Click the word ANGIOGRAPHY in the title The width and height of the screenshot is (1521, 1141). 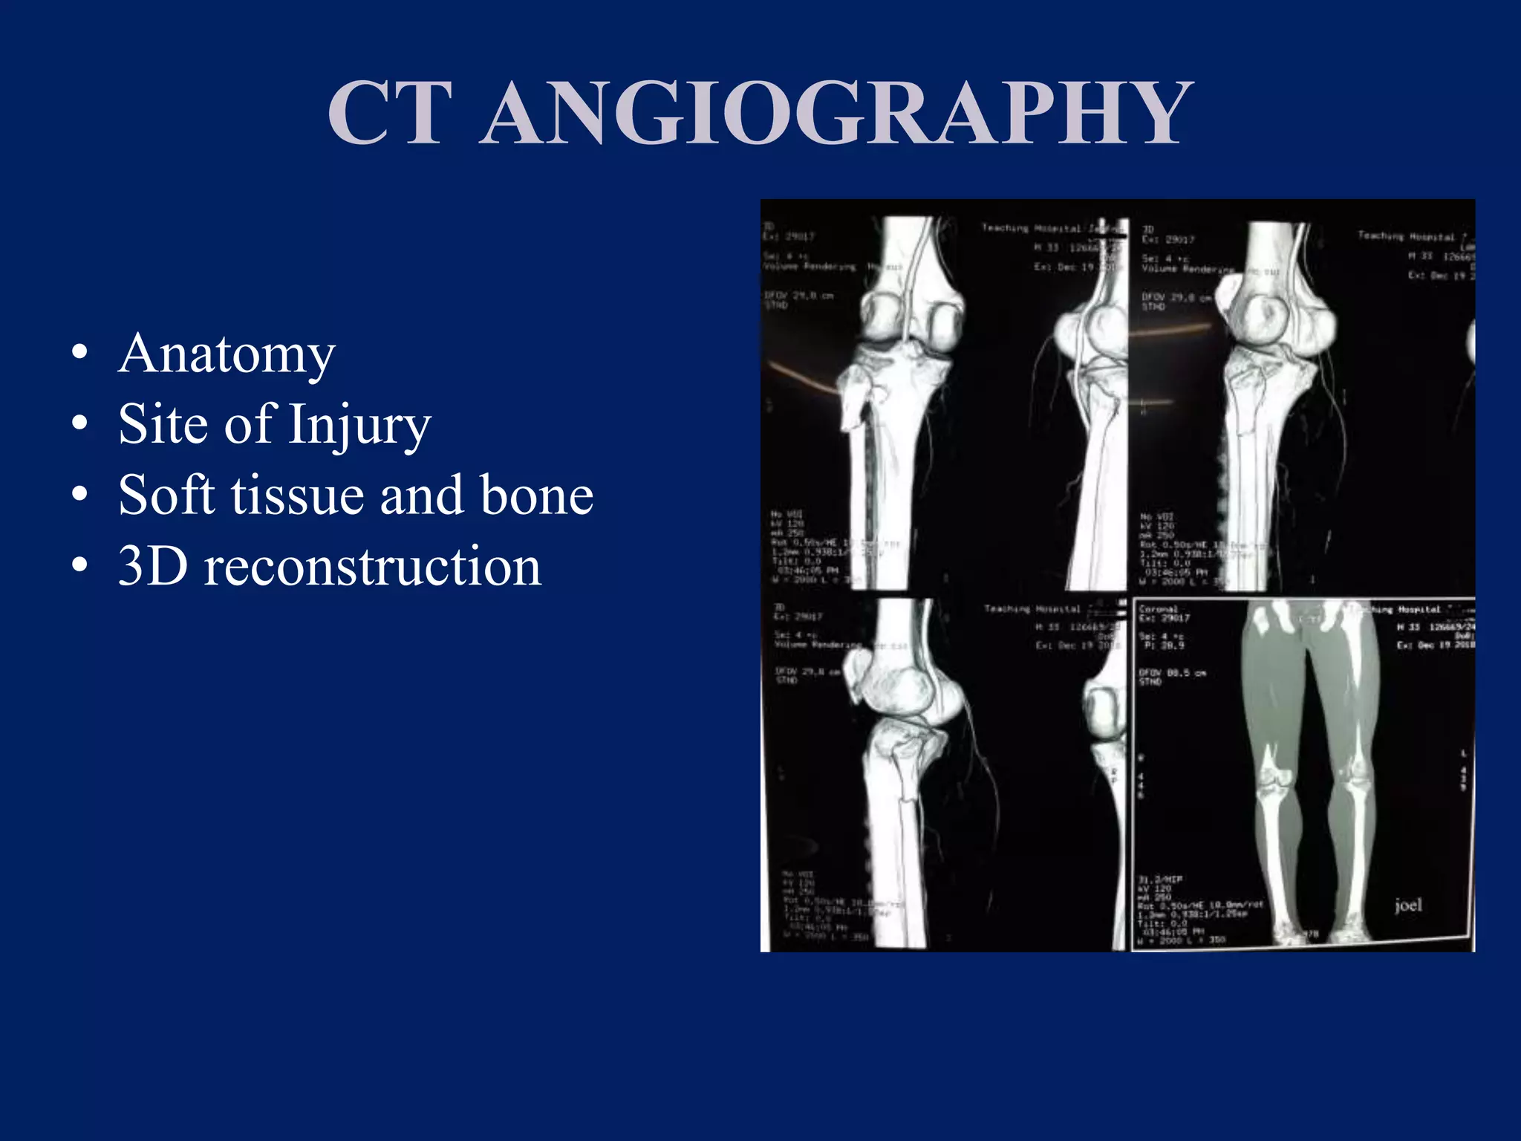[x=836, y=113]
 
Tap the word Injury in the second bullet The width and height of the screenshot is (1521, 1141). [x=359, y=424]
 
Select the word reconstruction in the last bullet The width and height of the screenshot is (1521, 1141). [x=373, y=567]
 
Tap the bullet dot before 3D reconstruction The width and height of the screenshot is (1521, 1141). [x=79, y=567]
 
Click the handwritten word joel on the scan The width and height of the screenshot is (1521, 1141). [x=1408, y=905]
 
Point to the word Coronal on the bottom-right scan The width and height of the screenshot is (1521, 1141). [x=1158, y=608]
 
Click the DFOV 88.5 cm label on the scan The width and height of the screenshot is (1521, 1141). [x=1173, y=673]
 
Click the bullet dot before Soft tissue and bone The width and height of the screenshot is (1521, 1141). [x=79, y=495]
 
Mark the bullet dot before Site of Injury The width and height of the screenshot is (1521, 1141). [x=79, y=424]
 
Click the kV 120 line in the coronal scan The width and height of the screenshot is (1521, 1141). [x=1156, y=888]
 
